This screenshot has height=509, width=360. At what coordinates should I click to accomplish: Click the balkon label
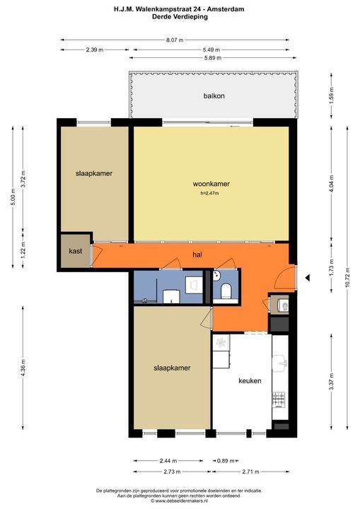214,95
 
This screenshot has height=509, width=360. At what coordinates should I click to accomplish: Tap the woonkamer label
211,184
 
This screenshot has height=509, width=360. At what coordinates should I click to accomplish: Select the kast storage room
76,251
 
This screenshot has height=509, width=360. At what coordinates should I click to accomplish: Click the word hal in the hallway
197,255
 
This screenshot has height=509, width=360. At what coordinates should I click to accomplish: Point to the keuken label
250,380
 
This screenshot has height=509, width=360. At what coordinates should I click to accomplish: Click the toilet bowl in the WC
226,291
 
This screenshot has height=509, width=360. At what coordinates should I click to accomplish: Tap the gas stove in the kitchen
279,399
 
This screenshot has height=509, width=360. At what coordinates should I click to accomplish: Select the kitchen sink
280,363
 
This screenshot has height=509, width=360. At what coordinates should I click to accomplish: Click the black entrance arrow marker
308,278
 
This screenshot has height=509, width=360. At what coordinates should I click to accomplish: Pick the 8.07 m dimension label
175,40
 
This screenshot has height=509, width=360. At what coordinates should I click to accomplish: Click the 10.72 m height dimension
347,278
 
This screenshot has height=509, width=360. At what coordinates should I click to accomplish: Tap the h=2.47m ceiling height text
209,193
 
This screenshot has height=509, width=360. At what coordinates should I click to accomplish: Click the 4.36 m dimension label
23,368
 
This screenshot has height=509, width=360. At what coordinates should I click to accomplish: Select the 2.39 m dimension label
95,49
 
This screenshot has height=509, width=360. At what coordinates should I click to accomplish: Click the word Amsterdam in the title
226,9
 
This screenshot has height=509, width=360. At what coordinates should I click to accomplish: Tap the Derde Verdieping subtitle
180,16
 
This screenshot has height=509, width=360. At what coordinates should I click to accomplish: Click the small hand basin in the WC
216,276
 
